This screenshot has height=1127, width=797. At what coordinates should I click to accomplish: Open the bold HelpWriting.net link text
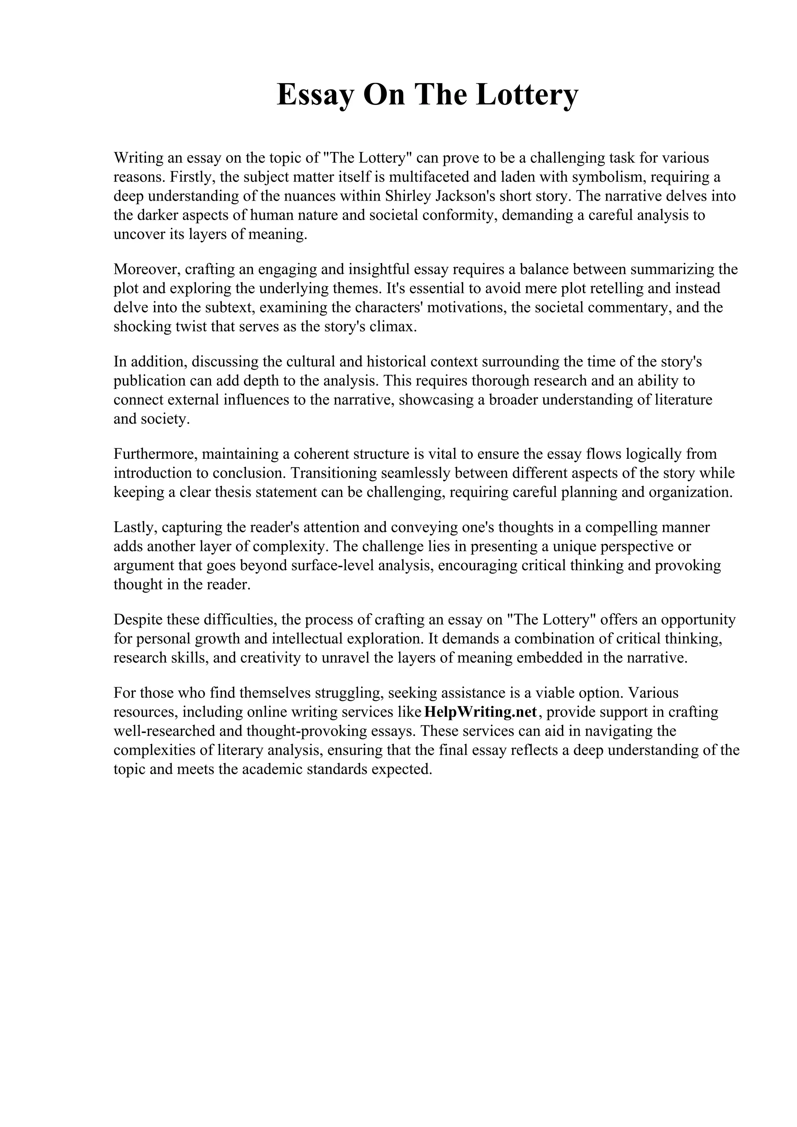(x=480, y=712)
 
